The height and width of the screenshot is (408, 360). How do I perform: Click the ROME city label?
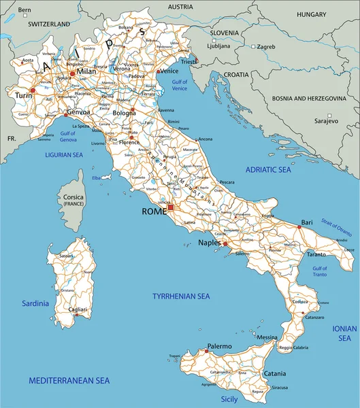[154, 211]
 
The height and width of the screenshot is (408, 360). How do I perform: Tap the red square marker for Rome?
[171, 207]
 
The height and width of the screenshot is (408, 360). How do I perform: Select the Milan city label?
[86, 71]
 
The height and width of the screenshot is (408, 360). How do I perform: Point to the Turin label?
[23, 96]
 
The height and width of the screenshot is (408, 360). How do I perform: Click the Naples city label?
[210, 242]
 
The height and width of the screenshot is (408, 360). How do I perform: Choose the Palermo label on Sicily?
[220, 346]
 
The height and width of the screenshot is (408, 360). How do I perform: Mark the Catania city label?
[275, 373]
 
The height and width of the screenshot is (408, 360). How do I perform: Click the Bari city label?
[308, 222]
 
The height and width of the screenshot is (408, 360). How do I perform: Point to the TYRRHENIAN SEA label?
[181, 296]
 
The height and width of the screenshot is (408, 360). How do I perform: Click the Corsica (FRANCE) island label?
[73, 201]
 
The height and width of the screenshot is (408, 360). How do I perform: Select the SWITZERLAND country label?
[48, 24]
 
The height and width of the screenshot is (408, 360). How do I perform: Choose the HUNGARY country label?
[312, 14]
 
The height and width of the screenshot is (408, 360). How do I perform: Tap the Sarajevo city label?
[326, 120]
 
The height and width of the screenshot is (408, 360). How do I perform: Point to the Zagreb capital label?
[265, 47]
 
